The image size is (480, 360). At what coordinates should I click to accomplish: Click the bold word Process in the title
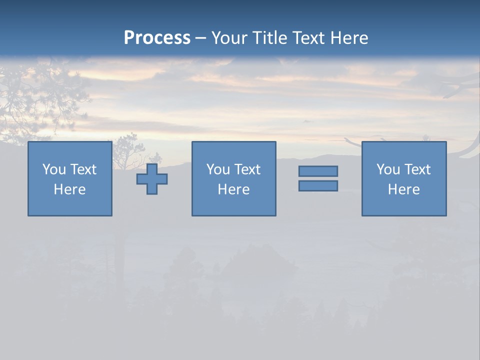coord(157,38)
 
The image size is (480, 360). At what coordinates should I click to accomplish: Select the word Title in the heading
coord(270,38)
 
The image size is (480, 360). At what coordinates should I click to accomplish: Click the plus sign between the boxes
coord(152,179)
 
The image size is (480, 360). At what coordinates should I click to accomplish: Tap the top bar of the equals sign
coord(318,171)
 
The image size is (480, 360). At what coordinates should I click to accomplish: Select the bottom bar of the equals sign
coord(318,186)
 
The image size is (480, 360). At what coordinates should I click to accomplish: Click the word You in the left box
coord(54,169)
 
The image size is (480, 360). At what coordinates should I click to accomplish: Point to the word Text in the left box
coord(83,169)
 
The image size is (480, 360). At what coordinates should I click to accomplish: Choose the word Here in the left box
coord(69,189)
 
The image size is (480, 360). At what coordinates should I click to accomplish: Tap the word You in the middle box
coord(218,169)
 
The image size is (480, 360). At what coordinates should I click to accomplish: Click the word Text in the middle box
coord(247,169)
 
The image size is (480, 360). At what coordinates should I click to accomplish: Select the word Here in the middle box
coord(233,189)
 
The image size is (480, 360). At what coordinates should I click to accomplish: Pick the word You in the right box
coord(388,169)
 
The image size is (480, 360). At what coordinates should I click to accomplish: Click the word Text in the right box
coord(417,169)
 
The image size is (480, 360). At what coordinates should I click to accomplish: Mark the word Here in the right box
coord(403,189)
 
